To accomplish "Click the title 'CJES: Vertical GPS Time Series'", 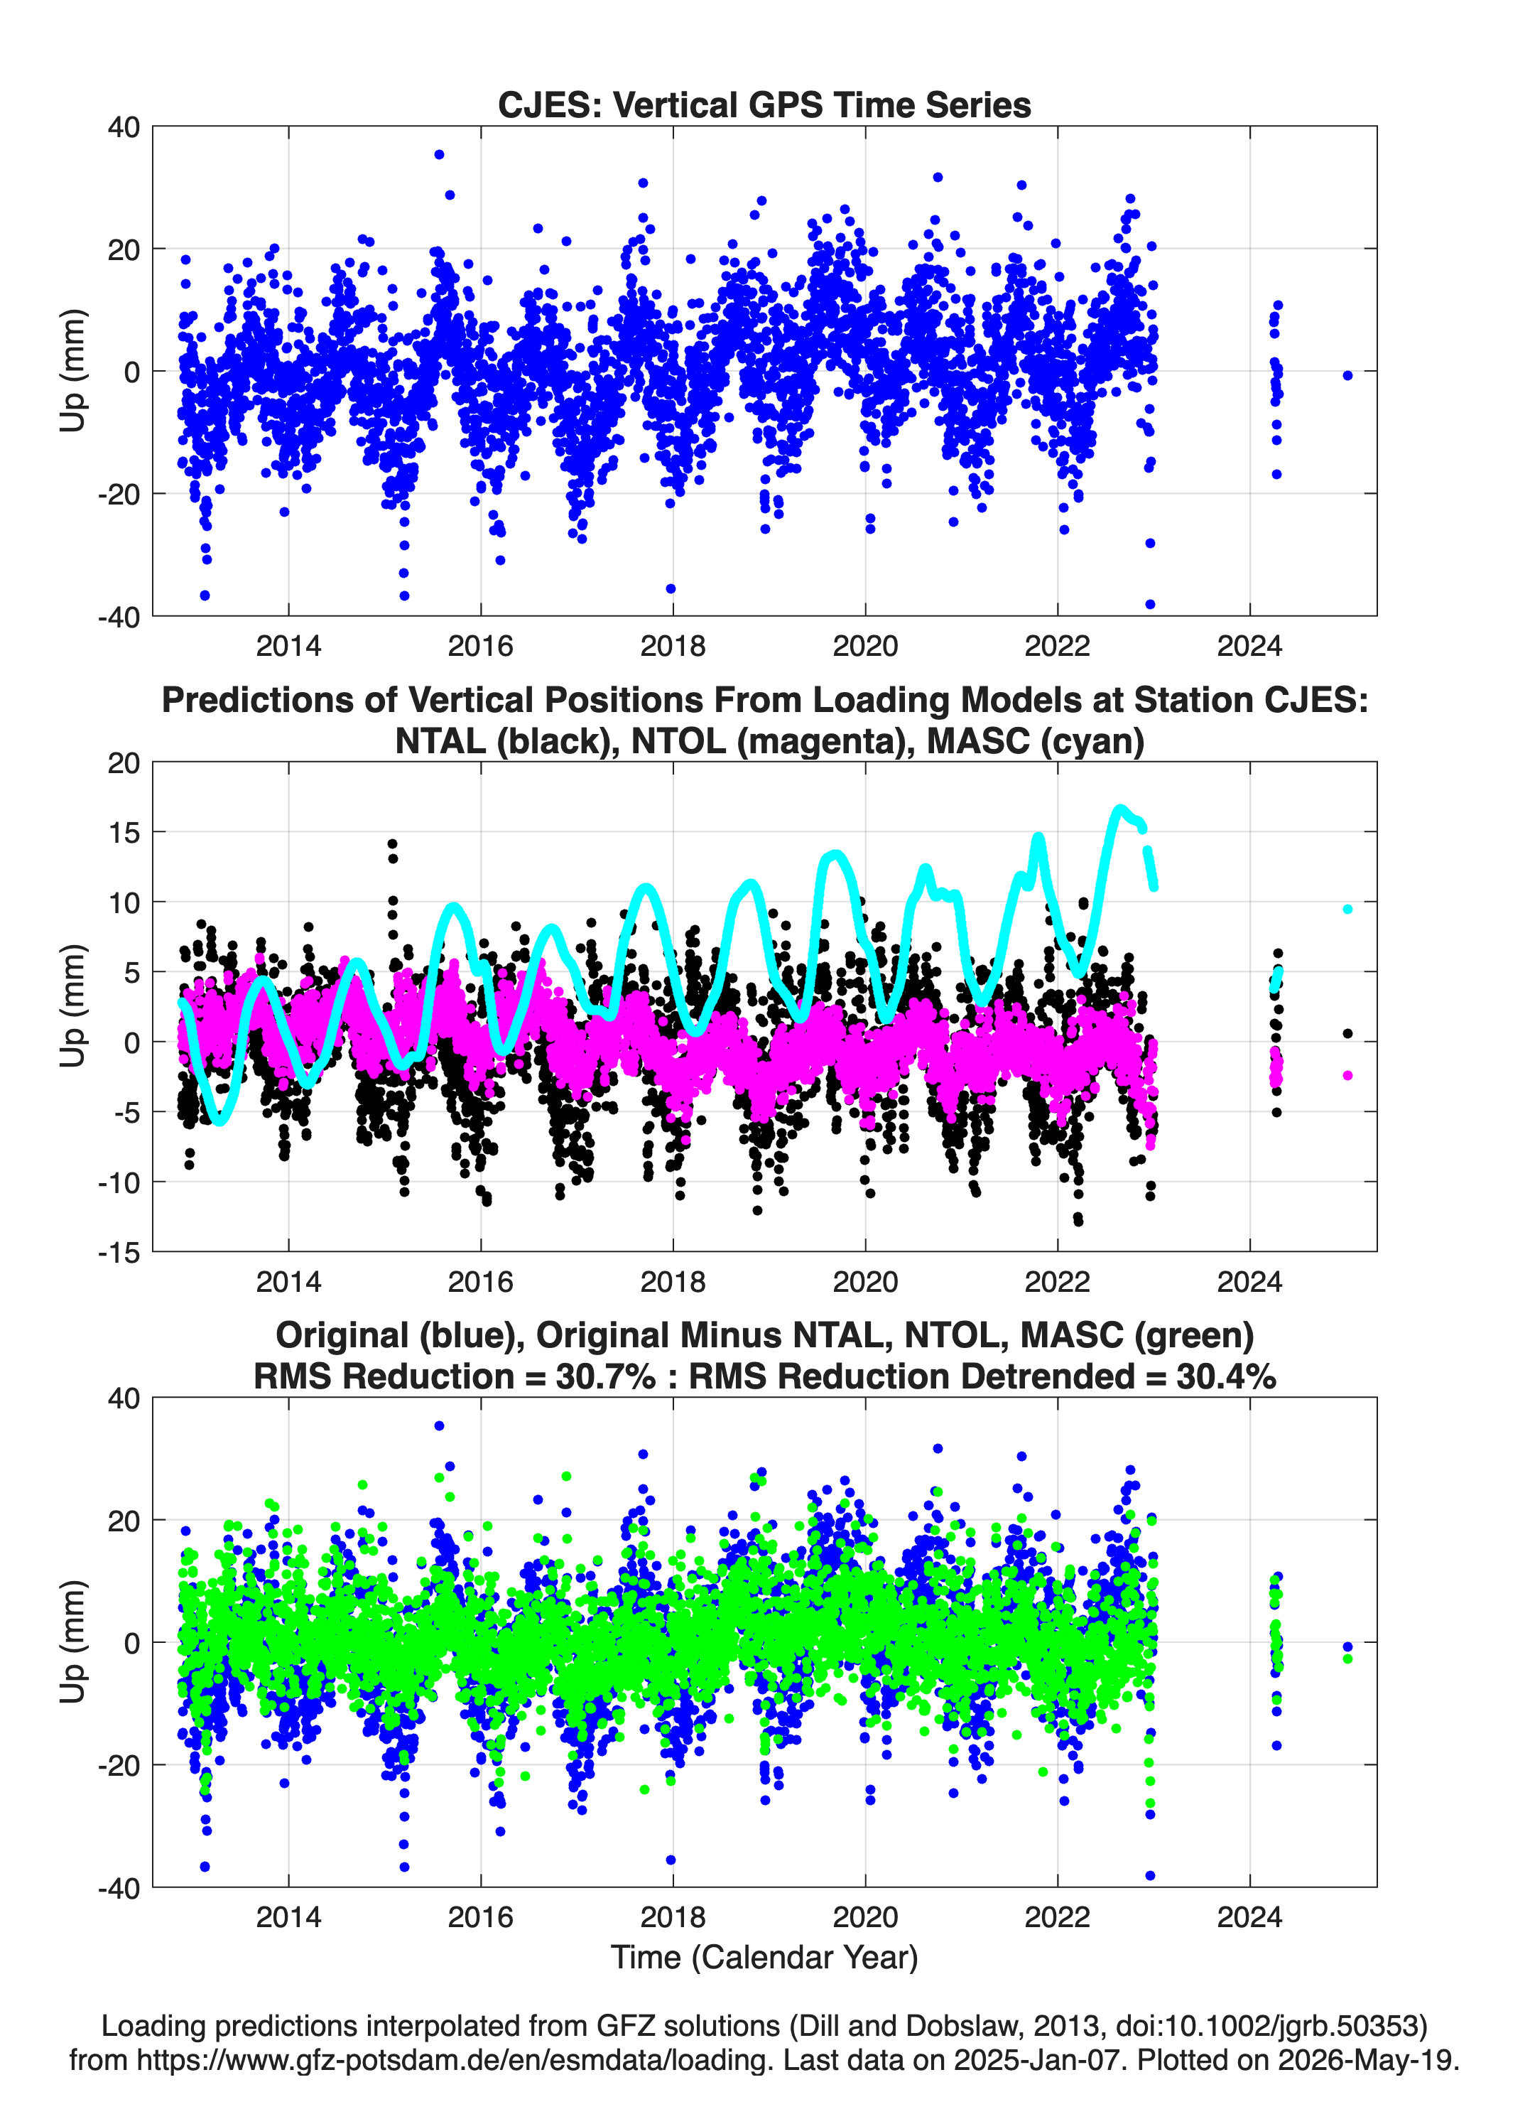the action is [x=764, y=104].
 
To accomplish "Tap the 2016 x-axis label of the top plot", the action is [x=480, y=646].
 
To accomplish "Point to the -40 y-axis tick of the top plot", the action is [x=119, y=617].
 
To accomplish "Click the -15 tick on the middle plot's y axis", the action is [x=119, y=1252].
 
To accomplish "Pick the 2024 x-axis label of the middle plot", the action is [x=1249, y=1282].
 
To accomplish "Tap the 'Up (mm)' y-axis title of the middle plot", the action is [x=73, y=1006].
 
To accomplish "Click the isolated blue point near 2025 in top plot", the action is [x=1347, y=376].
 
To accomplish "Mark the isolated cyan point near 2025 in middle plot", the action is [x=1347, y=909].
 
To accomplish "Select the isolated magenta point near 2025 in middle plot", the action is [x=1347, y=1075].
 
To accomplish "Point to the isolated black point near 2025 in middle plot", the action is [x=1347, y=1033].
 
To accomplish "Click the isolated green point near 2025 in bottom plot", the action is [x=1347, y=1659].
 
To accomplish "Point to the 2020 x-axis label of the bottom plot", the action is [x=865, y=1917].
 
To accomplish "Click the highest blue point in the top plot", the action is [x=439, y=155].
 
